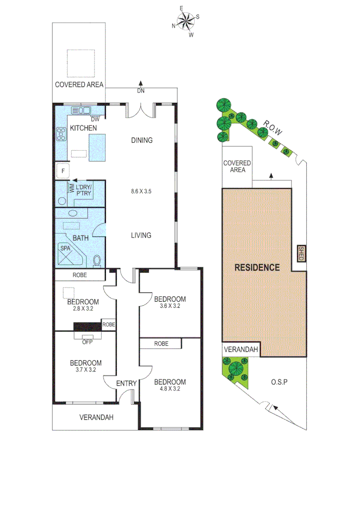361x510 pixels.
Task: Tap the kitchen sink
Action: pos(81,110)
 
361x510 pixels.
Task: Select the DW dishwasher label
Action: pos(95,119)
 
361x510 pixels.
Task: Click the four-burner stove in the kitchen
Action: pos(62,135)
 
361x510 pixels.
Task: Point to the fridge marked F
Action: pos(62,170)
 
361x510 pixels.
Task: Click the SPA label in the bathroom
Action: pos(65,247)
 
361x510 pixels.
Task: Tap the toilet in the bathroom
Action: pos(97,260)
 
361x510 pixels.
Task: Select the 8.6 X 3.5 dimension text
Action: pos(142,192)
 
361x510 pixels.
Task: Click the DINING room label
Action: pos(142,140)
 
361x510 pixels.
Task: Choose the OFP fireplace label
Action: pos(87,342)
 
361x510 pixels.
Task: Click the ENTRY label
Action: pos(127,383)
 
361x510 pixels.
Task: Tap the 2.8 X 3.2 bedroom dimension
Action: pos(83,309)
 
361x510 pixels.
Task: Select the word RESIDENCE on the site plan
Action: pos(257,267)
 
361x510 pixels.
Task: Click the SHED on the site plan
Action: pos(301,254)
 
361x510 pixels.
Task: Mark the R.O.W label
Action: pos(273,128)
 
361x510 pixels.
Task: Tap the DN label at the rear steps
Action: pos(140,91)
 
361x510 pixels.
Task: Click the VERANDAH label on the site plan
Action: pos(241,350)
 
